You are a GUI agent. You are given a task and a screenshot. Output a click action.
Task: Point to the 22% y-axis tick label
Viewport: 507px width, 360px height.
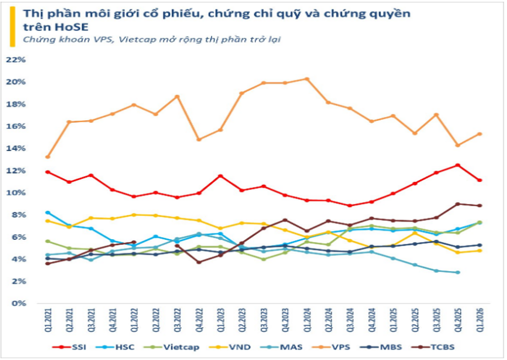point(16,60)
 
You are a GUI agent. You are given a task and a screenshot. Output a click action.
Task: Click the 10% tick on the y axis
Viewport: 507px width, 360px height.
point(16,193)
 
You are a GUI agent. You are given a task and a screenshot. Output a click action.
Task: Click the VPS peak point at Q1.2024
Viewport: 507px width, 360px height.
point(307,79)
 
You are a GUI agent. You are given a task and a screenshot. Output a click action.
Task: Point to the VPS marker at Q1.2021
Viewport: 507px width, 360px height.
point(48,157)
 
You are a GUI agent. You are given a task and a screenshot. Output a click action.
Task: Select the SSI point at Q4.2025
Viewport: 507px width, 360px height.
point(458,165)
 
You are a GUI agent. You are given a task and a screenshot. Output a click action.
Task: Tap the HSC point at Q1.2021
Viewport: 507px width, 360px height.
point(48,212)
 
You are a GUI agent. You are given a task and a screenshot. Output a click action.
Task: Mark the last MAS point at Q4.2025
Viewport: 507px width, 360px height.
point(458,272)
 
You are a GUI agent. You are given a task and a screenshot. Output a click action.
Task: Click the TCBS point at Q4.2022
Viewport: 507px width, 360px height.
point(199,262)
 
